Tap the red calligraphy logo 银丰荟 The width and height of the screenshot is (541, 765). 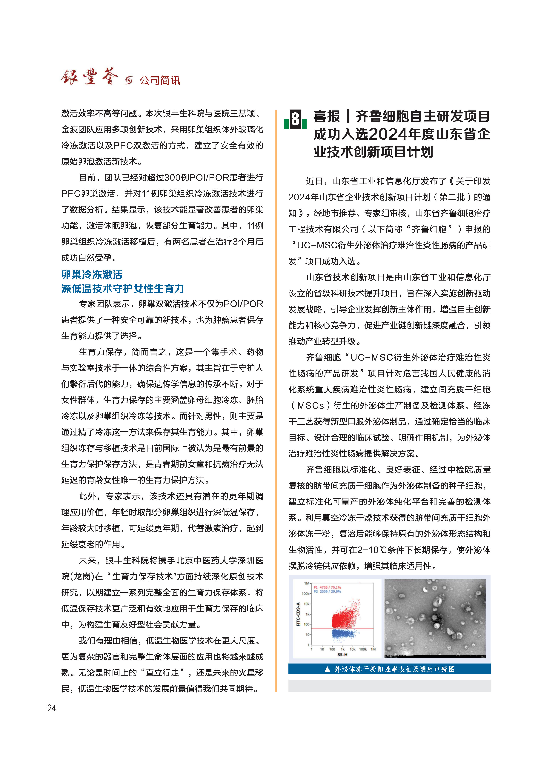tap(89, 77)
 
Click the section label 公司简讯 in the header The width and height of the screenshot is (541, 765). tap(160, 80)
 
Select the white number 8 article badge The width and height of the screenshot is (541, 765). tap(295, 119)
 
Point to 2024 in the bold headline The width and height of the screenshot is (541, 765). tap(388, 134)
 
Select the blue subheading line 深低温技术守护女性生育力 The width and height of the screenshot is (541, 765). tap(123, 289)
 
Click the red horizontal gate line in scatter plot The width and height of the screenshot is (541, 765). tap(360, 629)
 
